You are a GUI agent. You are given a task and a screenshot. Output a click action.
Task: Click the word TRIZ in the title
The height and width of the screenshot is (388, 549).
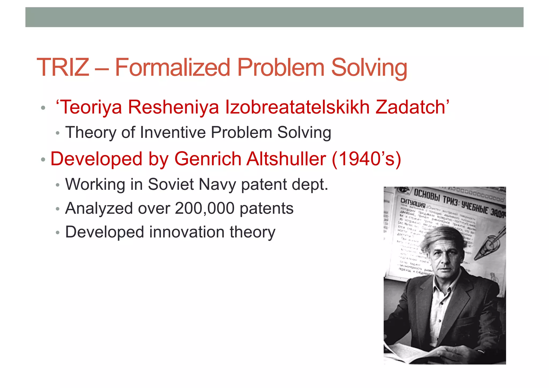(63, 67)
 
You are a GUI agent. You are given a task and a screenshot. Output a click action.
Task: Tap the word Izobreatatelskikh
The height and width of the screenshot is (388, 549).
(297, 107)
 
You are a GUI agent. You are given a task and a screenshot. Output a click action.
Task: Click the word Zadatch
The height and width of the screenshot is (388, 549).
(410, 107)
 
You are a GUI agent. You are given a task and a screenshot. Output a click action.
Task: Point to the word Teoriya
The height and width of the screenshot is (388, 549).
(91, 107)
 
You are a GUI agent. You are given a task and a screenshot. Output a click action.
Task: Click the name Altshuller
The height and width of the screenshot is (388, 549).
(286, 159)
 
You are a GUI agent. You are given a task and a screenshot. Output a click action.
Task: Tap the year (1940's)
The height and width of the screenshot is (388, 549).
(366, 159)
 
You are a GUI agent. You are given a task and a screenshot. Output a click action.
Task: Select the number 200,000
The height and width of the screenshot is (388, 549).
(205, 208)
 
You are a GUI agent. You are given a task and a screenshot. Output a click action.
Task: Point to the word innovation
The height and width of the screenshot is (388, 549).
(187, 232)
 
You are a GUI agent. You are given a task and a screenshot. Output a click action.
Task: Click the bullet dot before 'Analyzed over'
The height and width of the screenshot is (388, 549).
(57, 209)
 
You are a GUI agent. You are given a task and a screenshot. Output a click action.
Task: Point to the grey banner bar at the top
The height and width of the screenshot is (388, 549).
(274, 17)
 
